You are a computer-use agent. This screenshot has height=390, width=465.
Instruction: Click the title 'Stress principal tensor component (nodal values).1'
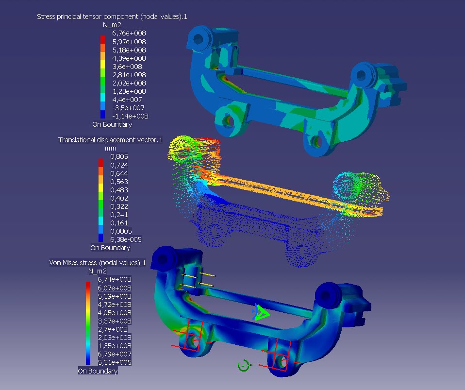coord(112,17)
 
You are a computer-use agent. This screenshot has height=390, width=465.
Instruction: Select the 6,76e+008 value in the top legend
coord(129,33)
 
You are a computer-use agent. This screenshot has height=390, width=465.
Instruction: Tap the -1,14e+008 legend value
coord(130,116)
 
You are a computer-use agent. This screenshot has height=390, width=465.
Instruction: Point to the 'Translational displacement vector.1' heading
coord(110,140)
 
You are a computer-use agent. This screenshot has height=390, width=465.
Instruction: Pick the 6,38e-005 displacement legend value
coord(126,239)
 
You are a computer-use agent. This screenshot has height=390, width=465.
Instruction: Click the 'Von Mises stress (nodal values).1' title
coord(98,263)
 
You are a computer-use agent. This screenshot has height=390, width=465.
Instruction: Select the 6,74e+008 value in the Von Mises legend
coord(115,279)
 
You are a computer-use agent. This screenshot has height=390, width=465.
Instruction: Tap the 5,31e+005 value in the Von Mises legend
coord(115,362)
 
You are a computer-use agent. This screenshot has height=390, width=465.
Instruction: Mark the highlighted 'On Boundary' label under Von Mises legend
coord(98,371)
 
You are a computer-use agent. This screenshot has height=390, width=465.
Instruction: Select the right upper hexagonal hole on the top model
coord(362,74)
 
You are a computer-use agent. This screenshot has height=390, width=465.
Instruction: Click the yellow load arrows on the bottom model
coord(199,281)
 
